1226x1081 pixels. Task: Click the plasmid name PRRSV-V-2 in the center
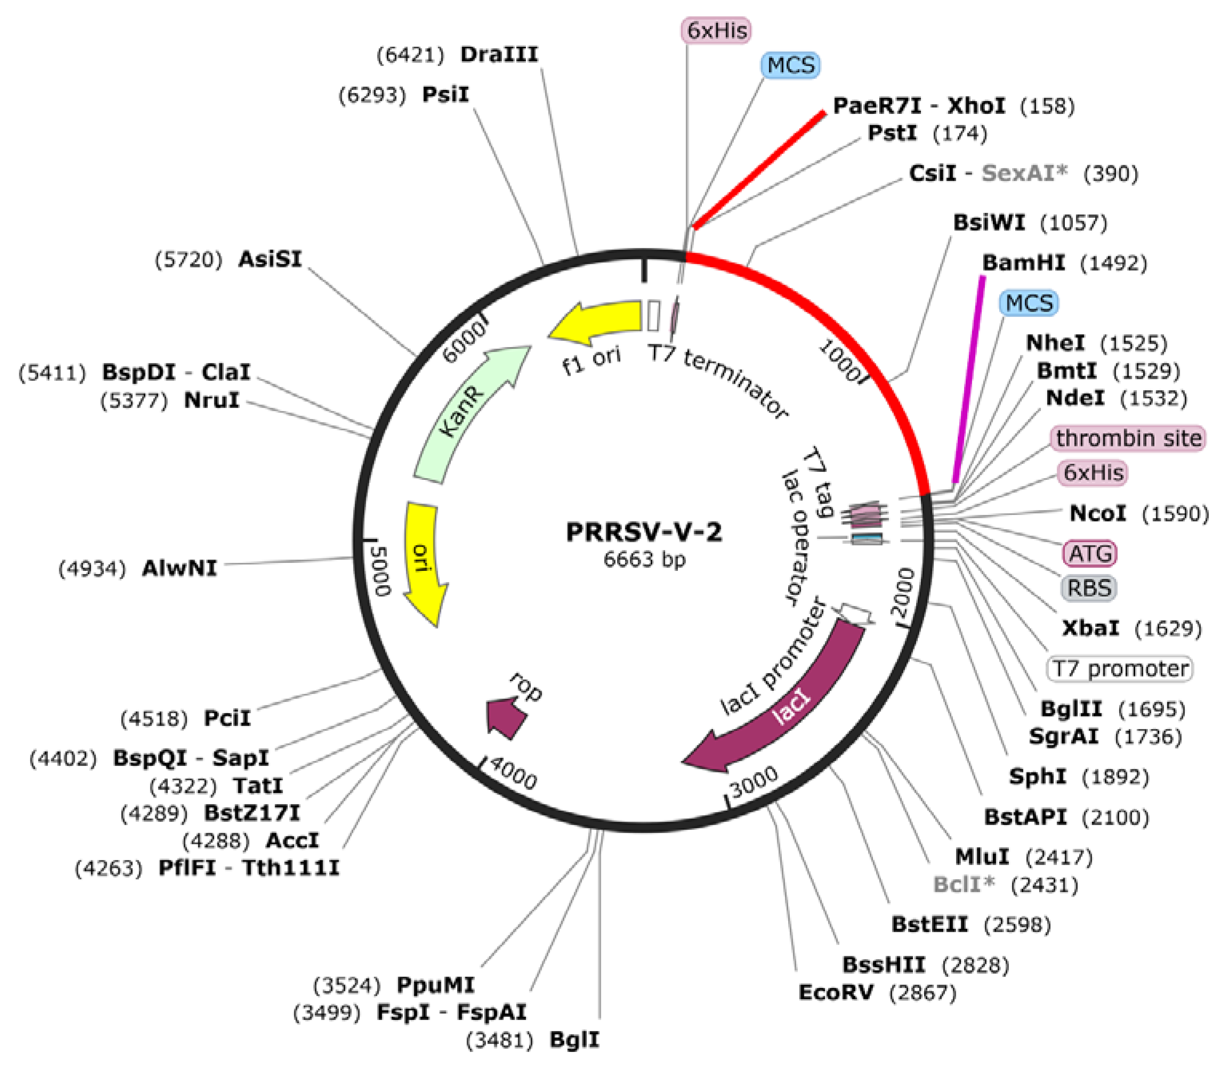click(x=644, y=532)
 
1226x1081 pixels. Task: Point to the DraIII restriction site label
click(x=499, y=54)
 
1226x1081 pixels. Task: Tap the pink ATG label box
click(x=1090, y=553)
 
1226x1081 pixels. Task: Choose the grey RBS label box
click(x=1088, y=588)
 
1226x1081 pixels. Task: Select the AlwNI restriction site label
click(x=179, y=568)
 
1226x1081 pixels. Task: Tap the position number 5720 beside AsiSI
click(x=188, y=259)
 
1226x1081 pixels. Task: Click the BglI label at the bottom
click(x=575, y=1040)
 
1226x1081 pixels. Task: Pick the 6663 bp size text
click(x=644, y=559)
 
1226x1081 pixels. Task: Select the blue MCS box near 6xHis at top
click(x=791, y=65)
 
